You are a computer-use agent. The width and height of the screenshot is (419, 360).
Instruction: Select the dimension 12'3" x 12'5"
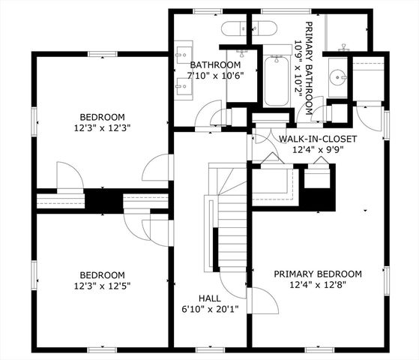point(103,286)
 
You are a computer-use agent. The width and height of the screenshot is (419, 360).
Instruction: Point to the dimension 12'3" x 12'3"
point(103,127)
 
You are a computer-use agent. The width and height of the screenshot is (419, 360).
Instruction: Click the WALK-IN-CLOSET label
point(317,139)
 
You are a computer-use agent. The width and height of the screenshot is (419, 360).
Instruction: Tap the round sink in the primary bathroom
point(339,76)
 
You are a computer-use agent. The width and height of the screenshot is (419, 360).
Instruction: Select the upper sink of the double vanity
point(182,55)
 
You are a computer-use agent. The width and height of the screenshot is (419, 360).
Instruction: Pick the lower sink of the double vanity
point(182,85)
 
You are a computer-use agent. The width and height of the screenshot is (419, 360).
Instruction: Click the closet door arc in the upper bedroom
point(69,176)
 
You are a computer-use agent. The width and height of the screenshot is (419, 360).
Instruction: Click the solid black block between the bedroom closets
point(102,201)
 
